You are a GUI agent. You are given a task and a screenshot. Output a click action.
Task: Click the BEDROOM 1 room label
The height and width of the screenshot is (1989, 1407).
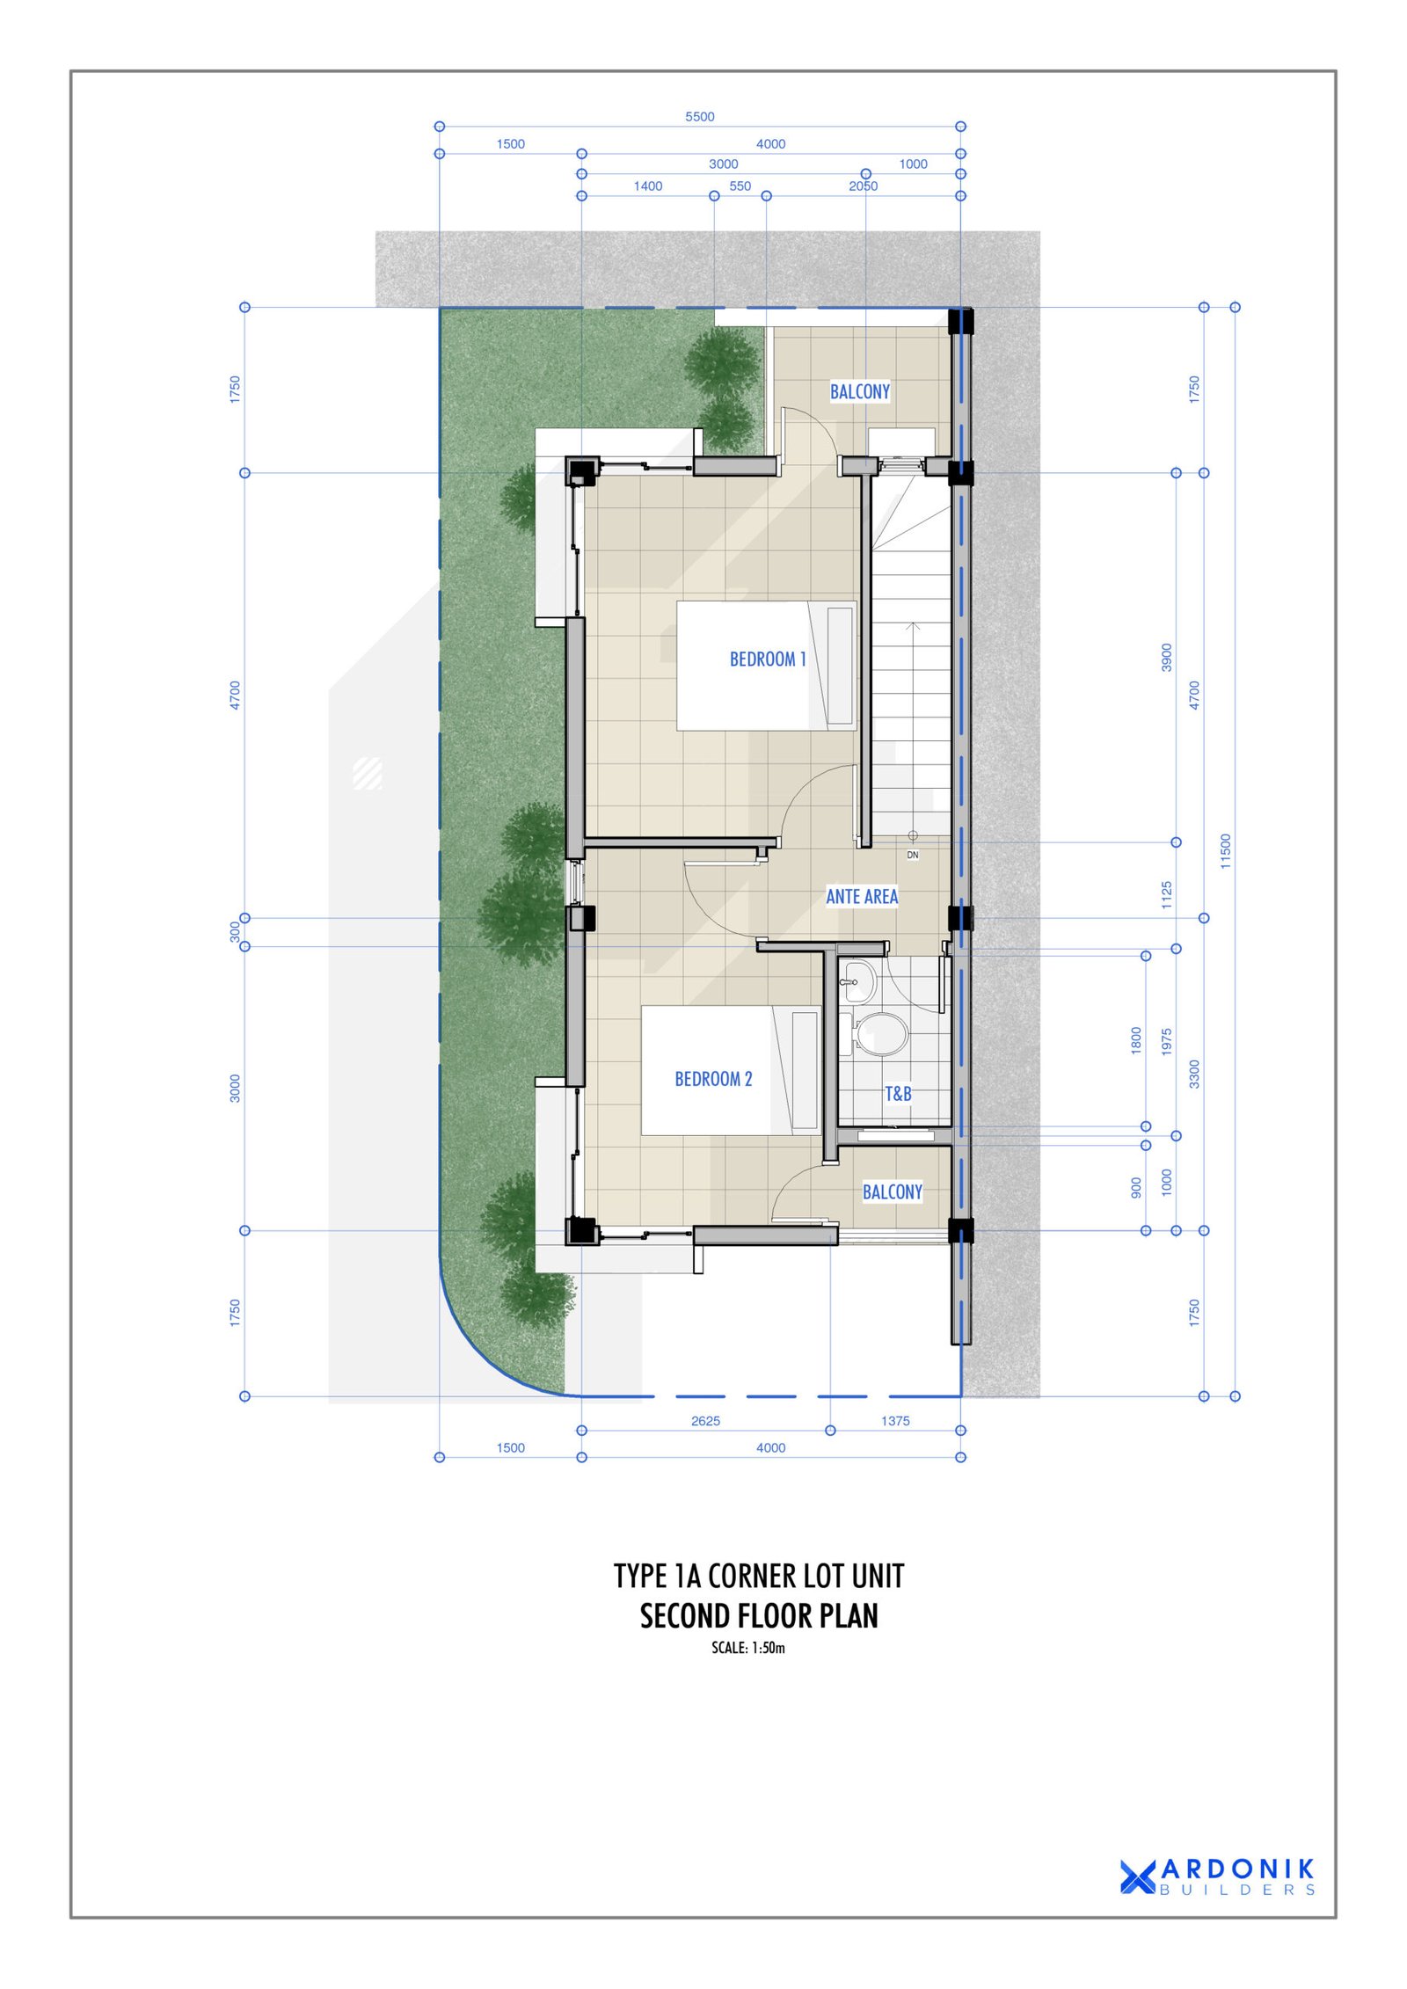[x=767, y=659]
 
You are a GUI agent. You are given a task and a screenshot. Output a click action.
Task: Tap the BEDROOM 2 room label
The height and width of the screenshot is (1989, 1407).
[x=713, y=1079]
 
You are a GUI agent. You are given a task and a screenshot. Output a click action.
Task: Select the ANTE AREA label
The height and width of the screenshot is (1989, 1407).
[x=862, y=896]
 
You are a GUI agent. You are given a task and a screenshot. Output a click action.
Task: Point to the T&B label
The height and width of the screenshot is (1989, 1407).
[x=898, y=1094]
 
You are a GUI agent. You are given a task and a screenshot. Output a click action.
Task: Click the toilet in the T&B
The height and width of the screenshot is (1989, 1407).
[x=879, y=1033]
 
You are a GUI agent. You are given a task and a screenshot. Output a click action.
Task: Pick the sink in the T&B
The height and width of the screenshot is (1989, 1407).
[x=858, y=981]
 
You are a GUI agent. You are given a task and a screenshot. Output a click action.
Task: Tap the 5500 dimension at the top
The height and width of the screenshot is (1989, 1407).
[x=700, y=116]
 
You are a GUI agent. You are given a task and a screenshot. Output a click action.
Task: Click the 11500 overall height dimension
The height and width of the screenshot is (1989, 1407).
[x=1226, y=851]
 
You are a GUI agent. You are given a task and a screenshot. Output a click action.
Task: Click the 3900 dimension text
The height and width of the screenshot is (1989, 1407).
[x=1167, y=658]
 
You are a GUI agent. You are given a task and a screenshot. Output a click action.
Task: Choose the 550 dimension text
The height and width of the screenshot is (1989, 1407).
[x=740, y=186]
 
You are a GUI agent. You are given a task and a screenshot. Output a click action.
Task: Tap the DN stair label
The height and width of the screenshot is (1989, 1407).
[x=913, y=855]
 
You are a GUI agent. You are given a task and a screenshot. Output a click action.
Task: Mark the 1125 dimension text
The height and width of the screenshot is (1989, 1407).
[x=1167, y=895]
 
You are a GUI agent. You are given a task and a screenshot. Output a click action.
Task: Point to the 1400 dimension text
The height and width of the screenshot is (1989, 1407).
[x=648, y=186]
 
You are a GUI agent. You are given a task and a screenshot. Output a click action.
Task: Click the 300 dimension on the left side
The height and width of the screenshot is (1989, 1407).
[x=235, y=932]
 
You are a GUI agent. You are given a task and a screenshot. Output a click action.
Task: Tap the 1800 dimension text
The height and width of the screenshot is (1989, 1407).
[x=1136, y=1040]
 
